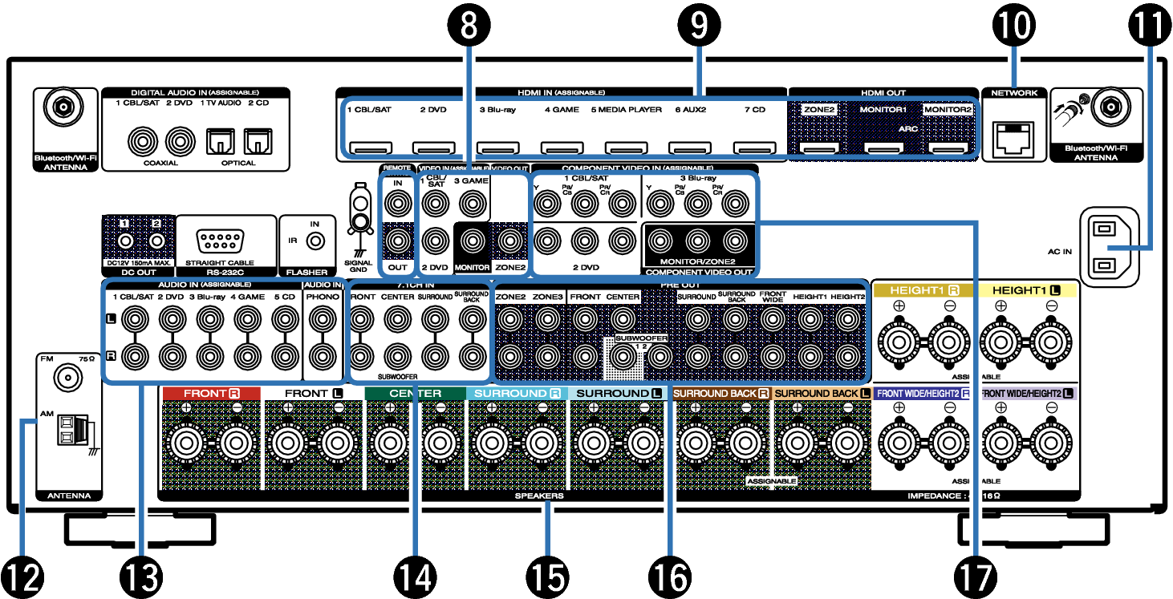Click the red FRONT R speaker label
click(211, 394)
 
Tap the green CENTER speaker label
click(415, 394)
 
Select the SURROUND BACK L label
click(822, 394)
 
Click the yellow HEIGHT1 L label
click(1026, 290)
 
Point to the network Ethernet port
click(1013, 140)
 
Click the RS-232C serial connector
click(221, 241)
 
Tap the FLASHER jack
click(316, 241)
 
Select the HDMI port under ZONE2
click(819, 148)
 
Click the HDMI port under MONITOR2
click(948, 148)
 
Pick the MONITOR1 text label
click(883, 110)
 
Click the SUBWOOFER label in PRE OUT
click(641, 338)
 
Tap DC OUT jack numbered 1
click(125, 240)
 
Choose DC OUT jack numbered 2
click(156, 240)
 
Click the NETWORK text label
click(1014, 93)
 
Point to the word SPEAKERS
click(539, 496)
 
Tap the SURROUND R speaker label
click(517, 394)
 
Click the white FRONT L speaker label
click(313, 394)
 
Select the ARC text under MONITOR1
click(907, 128)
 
